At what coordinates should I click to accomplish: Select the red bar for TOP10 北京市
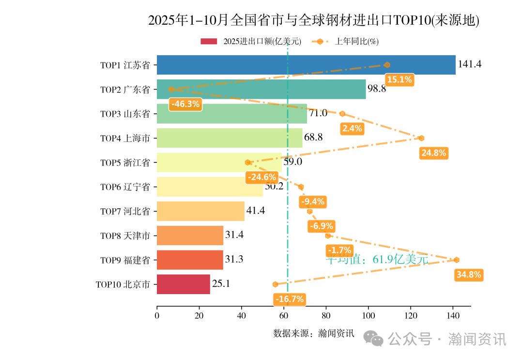184,284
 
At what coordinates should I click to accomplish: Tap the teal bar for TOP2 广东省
261,89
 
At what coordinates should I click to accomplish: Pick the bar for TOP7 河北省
200,211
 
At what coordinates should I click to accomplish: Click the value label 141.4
469,64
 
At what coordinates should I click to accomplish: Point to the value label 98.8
377,89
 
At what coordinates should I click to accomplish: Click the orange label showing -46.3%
185,104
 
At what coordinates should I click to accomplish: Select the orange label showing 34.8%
469,275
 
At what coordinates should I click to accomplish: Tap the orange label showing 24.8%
434,153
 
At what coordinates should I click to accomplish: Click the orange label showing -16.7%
289,299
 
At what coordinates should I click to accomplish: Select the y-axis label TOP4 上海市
125,138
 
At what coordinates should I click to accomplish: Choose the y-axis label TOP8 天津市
125,236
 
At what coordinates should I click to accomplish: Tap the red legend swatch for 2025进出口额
210,42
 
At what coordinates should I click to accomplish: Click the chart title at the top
313,20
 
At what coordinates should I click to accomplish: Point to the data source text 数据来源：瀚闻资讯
314,333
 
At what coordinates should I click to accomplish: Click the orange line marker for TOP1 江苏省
387,65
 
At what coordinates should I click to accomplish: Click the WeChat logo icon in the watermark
374,339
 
